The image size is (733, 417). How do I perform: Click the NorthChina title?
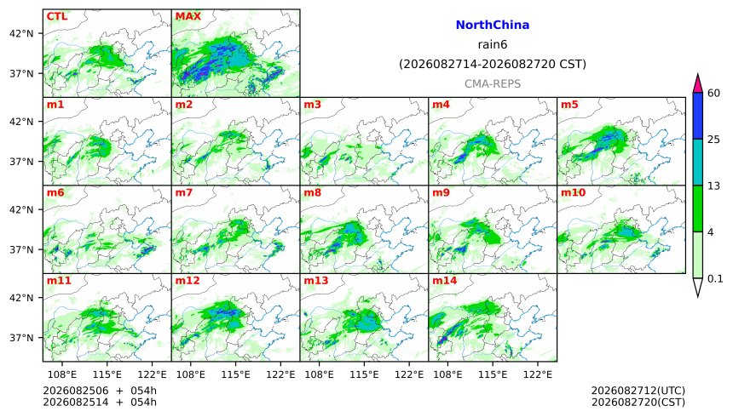pyautogui.click(x=493, y=26)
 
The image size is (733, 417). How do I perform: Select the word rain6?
pyautogui.click(x=493, y=45)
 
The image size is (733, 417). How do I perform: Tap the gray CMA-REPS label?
pyautogui.click(x=493, y=84)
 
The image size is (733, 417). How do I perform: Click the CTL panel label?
pyautogui.click(x=57, y=16)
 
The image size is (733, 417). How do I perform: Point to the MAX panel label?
pyautogui.click(x=188, y=16)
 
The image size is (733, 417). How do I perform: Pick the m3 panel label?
pyautogui.click(x=313, y=105)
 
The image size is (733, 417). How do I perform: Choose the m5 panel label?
pyautogui.click(x=570, y=105)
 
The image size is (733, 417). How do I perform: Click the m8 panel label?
pyautogui.click(x=313, y=192)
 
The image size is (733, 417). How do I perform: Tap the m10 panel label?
pyautogui.click(x=573, y=192)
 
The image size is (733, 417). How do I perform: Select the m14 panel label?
pyautogui.click(x=445, y=281)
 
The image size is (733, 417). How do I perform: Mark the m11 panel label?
pyautogui.click(x=59, y=281)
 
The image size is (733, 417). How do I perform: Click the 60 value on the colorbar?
pyautogui.click(x=713, y=94)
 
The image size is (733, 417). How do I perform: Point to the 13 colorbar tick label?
pyautogui.click(x=713, y=186)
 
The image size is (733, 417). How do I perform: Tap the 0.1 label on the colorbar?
pyautogui.click(x=715, y=279)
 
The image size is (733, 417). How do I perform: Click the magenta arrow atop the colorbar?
pyautogui.click(x=698, y=83)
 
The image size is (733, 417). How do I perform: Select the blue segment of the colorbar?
pyautogui.click(x=698, y=116)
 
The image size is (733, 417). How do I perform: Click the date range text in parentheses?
pyautogui.click(x=493, y=64)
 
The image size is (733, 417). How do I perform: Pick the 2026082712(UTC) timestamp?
pyautogui.click(x=638, y=391)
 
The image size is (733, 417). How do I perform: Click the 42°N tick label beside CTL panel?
pyautogui.click(x=21, y=34)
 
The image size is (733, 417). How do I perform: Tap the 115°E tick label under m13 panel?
pyautogui.click(x=364, y=374)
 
